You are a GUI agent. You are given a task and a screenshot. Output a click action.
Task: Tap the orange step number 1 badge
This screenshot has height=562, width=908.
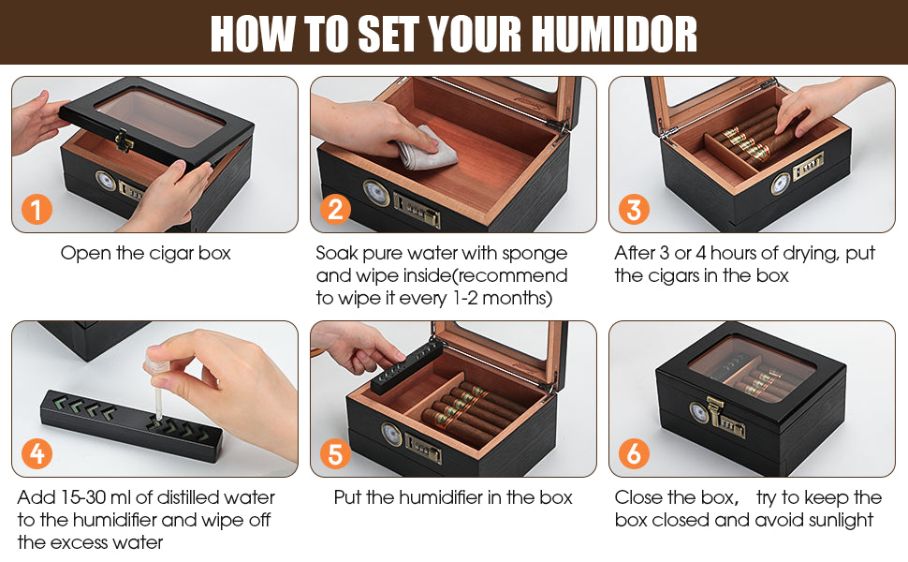point(37,209)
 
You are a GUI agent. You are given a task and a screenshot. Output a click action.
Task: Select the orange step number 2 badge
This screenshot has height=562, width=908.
point(334,209)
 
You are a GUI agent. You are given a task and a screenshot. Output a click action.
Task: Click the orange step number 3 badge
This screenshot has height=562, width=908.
point(634,209)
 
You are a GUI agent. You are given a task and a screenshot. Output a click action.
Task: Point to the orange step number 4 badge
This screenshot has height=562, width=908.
point(37,454)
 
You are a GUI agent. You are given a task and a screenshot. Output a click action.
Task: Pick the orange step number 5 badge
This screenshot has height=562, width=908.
point(334,454)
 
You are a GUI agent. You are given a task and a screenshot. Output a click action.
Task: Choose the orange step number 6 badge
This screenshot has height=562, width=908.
point(634,454)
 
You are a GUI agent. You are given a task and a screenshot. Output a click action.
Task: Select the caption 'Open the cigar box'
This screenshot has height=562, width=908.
point(145,253)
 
